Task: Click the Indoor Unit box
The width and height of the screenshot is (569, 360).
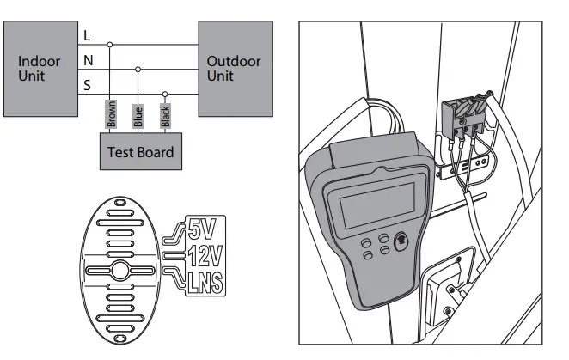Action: pyautogui.click(x=40, y=69)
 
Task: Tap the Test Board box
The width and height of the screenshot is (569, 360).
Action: pyautogui.click(x=139, y=152)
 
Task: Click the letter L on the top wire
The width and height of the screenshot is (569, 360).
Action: pyautogui.click(x=87, y=35)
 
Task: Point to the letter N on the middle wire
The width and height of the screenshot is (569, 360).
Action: pyautogui.click(x=87, y=60)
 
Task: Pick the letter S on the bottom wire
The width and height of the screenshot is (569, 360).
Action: pyautogui.click(x=87, y=86)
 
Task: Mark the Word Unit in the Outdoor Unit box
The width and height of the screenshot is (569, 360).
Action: pyautogui.click(x=220, y=76)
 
